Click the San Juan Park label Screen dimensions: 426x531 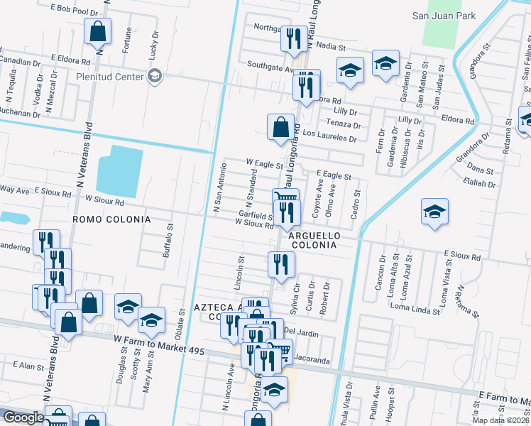(443, 15)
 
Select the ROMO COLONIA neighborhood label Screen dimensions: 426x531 (111, 220)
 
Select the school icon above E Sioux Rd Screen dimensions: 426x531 (434, 212)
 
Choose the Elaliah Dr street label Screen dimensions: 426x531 (478, 183)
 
